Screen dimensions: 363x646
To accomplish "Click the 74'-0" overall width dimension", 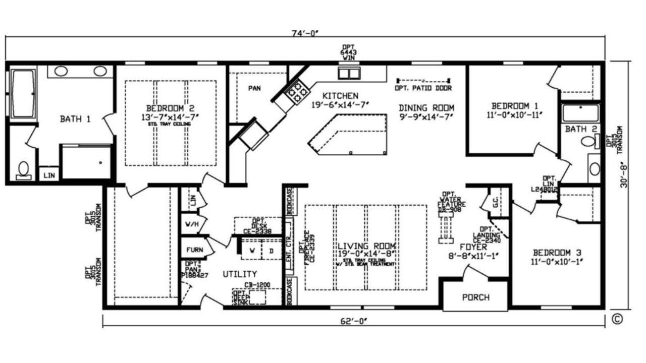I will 306,33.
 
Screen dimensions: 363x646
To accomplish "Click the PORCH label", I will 475,297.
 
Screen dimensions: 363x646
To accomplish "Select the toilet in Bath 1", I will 23,170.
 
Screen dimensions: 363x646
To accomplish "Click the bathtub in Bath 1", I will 23,94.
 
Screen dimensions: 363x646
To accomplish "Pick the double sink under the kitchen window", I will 349,74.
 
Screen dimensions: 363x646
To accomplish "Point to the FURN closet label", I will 194,250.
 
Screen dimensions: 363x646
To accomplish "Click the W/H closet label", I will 192,223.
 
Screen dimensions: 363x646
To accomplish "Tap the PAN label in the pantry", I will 254,88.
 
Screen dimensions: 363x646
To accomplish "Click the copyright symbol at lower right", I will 617,318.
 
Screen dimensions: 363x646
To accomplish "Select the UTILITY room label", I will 240,274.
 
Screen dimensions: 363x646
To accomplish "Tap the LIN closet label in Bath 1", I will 49,175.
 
